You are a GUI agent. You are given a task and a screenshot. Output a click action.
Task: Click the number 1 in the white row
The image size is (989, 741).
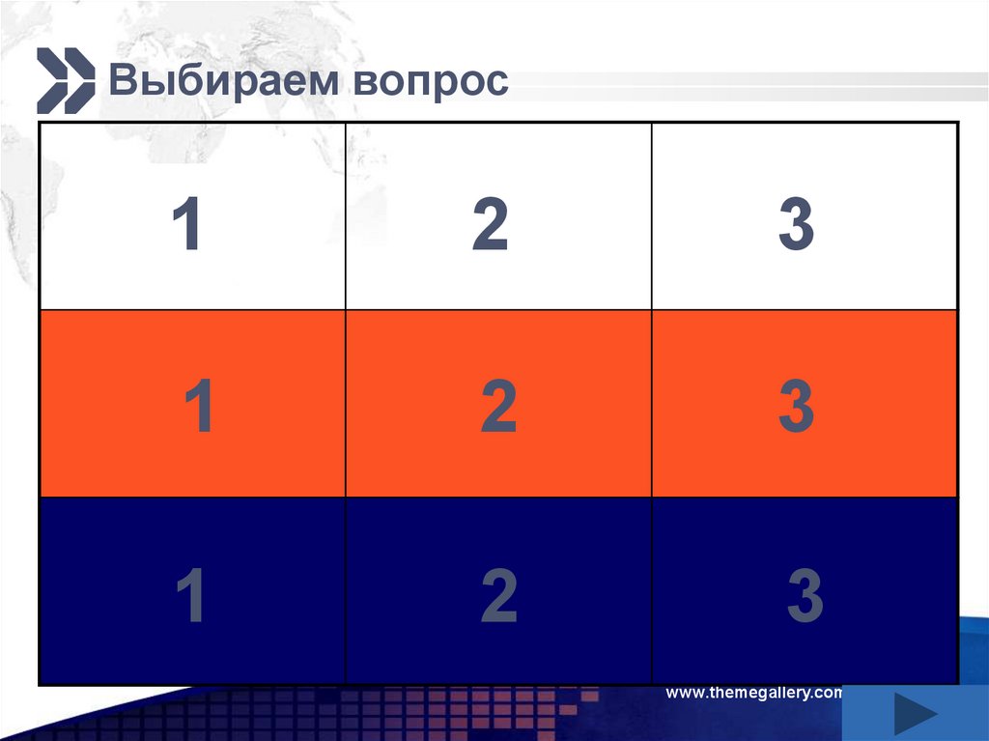click(186, 225)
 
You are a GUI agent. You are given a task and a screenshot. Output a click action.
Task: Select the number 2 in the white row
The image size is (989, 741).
click(490, 225)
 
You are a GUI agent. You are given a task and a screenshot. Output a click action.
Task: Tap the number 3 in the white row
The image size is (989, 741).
click(796, 225)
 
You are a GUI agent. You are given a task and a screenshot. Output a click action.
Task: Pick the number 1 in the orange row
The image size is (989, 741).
click(199, 407)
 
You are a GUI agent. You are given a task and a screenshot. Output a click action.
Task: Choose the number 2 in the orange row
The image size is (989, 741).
click(498, 407)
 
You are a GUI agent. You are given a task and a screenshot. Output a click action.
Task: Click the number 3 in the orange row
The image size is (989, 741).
click(796, 407)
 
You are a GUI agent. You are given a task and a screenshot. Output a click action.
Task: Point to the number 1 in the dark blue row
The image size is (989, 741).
click(192, 596)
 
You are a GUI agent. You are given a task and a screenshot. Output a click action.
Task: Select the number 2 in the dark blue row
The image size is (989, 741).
click(498, 596)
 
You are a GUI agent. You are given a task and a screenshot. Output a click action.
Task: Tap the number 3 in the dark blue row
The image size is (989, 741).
click(805, 596)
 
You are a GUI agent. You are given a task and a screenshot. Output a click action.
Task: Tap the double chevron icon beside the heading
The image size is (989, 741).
click(66, 79)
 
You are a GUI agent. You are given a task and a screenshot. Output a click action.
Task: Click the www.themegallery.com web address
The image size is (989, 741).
click(754, 693)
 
